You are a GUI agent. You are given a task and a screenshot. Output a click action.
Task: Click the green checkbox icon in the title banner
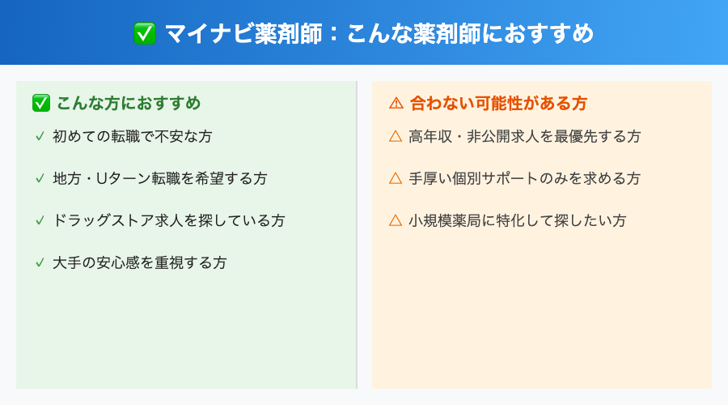[x=145, y=33]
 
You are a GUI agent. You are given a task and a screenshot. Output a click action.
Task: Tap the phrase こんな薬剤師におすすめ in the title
[x=470, y=33]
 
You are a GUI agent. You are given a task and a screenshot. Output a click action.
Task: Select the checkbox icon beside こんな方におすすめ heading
[x=41, y=104]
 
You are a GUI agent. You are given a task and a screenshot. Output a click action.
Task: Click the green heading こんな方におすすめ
[x=129, y=104]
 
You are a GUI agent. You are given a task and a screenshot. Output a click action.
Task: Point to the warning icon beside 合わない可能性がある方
[x=396, y=104]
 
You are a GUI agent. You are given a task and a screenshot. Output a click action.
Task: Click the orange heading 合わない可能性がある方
[x=499, y=104]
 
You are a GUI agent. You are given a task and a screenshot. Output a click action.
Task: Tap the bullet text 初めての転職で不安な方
[x=132, y=136]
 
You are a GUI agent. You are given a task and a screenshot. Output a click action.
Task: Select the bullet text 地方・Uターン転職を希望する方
[x=159, y=178]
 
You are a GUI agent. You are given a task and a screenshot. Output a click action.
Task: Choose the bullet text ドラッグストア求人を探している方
[x=168, y=220]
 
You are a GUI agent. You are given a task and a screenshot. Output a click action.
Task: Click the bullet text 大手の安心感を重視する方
[x=139, y=262]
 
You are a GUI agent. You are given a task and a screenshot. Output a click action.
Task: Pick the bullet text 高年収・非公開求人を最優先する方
[x=524, y=136]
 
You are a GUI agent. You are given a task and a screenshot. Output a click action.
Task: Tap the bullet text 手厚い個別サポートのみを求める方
[x=524, y=178]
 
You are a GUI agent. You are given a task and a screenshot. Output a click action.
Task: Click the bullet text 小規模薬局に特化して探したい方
[x=517, y=220]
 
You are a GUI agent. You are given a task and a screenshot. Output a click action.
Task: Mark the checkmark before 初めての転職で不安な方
[x=40, y=136]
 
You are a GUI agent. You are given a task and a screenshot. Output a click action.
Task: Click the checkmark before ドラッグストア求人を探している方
[x=40, y=220]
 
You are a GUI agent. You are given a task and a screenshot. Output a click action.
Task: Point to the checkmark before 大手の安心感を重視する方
[x=40, y=262]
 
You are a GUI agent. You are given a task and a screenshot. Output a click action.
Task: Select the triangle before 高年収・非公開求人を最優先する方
[x=396, y=136]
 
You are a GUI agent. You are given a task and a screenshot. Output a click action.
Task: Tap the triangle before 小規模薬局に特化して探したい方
[x=396, y=220]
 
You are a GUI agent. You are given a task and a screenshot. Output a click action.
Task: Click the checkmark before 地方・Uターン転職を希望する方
[x=40, y=178]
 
